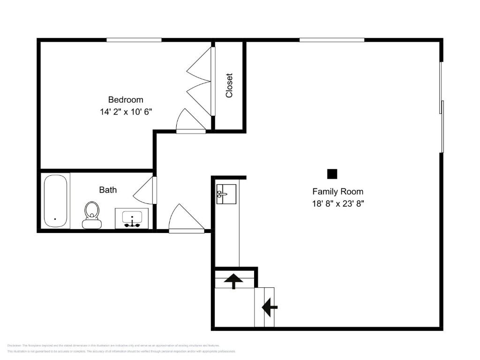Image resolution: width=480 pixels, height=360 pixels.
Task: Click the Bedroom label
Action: pyautogui.click(x=126, y=99)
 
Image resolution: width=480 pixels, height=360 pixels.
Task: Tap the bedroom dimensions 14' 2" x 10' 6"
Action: pyautogui.click(x=126, y=112)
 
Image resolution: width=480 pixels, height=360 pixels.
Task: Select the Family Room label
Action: pyautogui.click(x=337, y=191)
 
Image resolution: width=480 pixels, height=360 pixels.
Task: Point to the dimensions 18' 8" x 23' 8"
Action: pyautogui.click(x=338, y=204)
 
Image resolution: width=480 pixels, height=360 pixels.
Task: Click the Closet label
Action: pyautogui.click(x=229, y=85)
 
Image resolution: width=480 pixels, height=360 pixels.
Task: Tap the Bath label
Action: pyautogui.click(x=108, y=190)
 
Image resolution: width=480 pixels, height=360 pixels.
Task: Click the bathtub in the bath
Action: pyautogui.click(x=56, y=201)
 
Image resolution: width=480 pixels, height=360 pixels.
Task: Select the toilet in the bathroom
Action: pyautogui.click(x=92, y=214)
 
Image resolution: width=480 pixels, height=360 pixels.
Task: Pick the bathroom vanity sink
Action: pyautogui.click(x=132, y=219)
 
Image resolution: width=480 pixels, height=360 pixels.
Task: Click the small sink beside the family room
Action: pyautogui.click(x=226, y=194)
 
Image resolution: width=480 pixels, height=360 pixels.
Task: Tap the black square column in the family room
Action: pyautogui.click(x=332, y=174)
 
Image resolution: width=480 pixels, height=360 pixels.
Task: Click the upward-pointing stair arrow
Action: pyautogui.click(x=233, y=281)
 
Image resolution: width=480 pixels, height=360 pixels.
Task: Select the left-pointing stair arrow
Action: pyautogui.click(x=270, y=307)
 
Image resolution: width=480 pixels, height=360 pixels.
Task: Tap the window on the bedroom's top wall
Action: pyautogui.click(x=134, y=40)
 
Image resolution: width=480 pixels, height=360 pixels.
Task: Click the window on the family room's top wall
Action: pyautogui.click(x=332, y=40)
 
